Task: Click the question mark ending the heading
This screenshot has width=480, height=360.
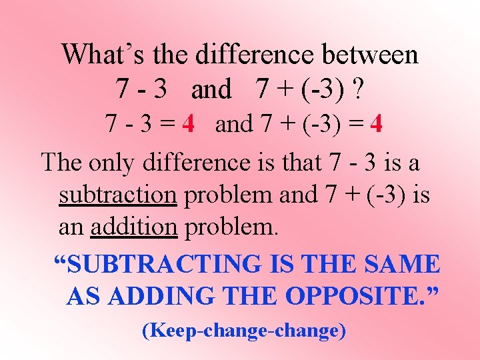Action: (x=359, y=89)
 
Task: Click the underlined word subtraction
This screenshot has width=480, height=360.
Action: (x=117, y=195)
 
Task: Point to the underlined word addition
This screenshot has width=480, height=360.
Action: (x=134, y=227)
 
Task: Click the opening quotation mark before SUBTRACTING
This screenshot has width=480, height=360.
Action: (x=60, y=260)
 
